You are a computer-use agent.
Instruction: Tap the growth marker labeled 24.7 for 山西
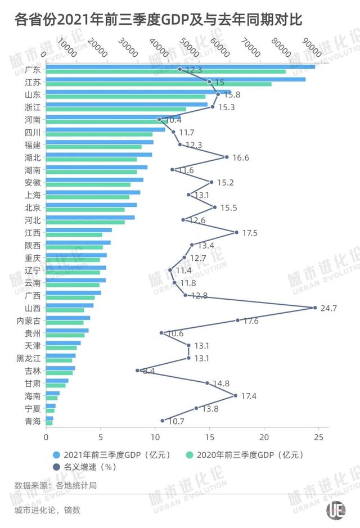(314, 308)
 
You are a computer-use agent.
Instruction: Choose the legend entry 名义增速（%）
(84, 466)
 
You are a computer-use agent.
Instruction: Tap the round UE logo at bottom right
(336, 511)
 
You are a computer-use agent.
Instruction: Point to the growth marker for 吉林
(137, 371)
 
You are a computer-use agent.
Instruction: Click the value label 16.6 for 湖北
(240, 158)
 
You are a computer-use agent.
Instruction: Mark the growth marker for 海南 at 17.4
(235, 396)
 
